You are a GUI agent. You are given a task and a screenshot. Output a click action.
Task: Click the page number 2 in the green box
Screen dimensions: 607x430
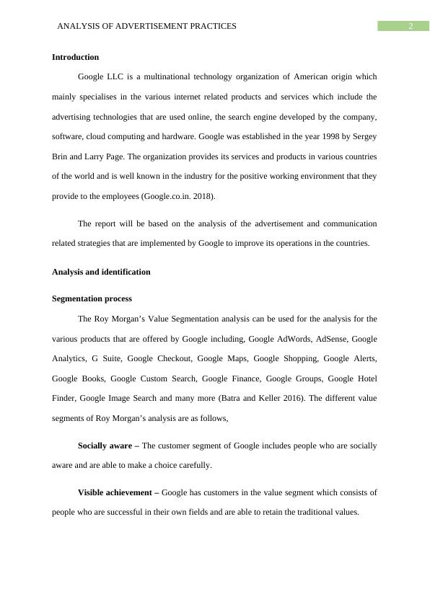pos(410,26)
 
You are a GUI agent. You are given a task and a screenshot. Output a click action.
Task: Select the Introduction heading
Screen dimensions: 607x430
pos(75,57)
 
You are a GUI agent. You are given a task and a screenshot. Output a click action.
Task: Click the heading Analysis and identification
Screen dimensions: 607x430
pos(101,272)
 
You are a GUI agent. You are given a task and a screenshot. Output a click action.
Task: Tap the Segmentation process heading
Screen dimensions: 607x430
pos(92,298)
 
